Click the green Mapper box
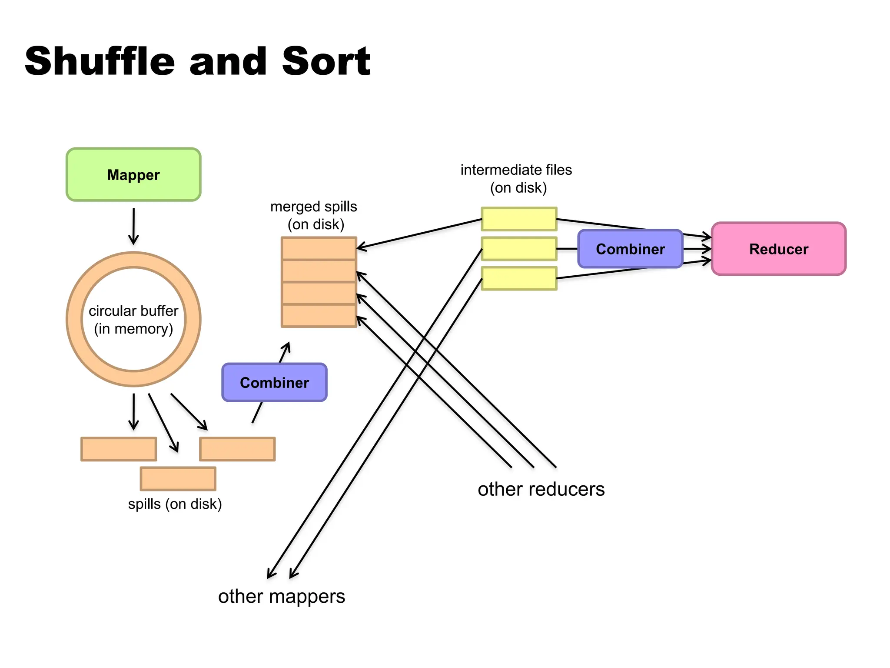[133, 175]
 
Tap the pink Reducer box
[778, 249]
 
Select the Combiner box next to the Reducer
[630, 249]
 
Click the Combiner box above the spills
[274, 382]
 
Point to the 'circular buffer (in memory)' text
[133, 320]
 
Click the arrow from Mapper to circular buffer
[133, 226]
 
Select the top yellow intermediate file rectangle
[519, 219]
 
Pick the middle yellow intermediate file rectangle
[519, 249]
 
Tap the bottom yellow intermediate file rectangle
[519, 278]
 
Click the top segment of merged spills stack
[319, 248]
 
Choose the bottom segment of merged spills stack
[319, 316]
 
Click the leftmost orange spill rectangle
[119, 449]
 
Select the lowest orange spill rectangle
[178, 478]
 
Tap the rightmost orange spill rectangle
[237, 449]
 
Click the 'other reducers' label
[541, 489]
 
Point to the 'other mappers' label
[282, 596]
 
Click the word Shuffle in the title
[100, 62]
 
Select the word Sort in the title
[326, 62]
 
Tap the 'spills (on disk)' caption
[175, 504]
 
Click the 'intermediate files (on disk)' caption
[516, 178]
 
